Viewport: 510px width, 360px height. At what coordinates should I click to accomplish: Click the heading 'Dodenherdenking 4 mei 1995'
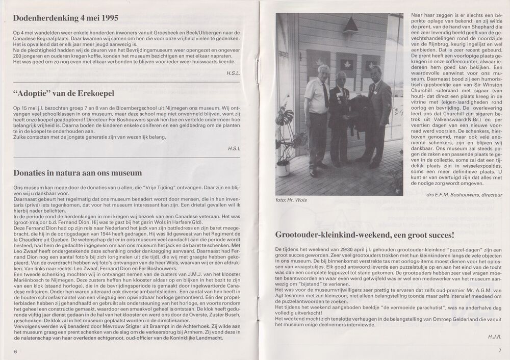[66, 18]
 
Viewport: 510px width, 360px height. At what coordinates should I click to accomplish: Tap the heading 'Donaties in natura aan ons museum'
[80, 173]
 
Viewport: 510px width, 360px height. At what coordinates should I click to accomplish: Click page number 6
[15, 351]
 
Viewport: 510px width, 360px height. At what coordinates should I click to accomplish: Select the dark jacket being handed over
[360, 111]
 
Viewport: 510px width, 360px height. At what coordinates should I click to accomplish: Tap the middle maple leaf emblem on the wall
[346, 65]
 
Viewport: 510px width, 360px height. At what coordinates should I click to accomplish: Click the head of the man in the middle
[341, 78]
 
